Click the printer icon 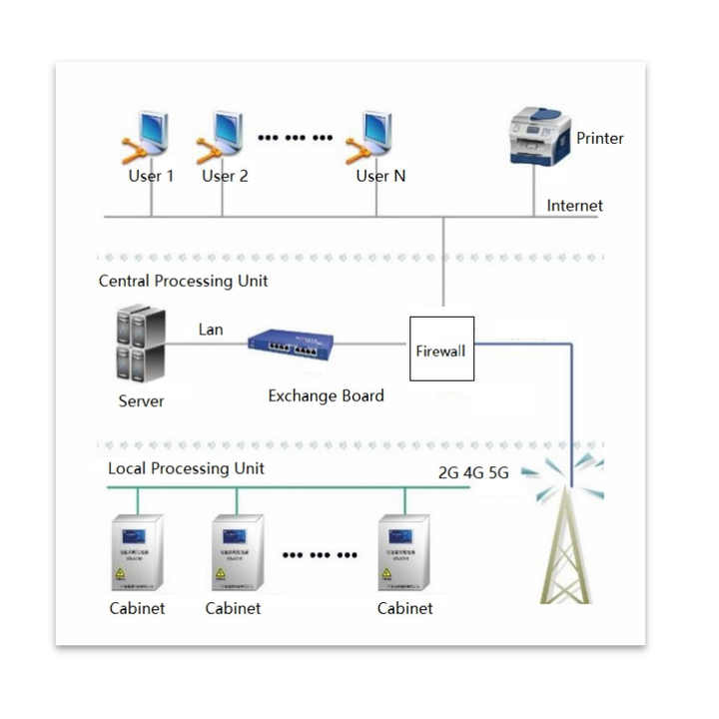click(x=540, y=136)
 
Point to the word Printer click(x=600, y=138)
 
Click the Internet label click(x=574, y=206)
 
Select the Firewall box click(x=441, y=350)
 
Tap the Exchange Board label click(x=326, y=395)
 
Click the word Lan click(x=211, y=329)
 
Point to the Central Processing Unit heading click(x=183, y=281)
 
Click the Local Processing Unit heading click(x=186, y=467)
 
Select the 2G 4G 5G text click(x=473, y=472)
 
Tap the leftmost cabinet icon click(x=137, y=553)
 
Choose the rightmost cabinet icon click(x=404, y=553)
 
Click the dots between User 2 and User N click(x=295, y=138)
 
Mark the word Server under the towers click(x=141, y=401)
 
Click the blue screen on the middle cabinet click(x=234, y=536)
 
